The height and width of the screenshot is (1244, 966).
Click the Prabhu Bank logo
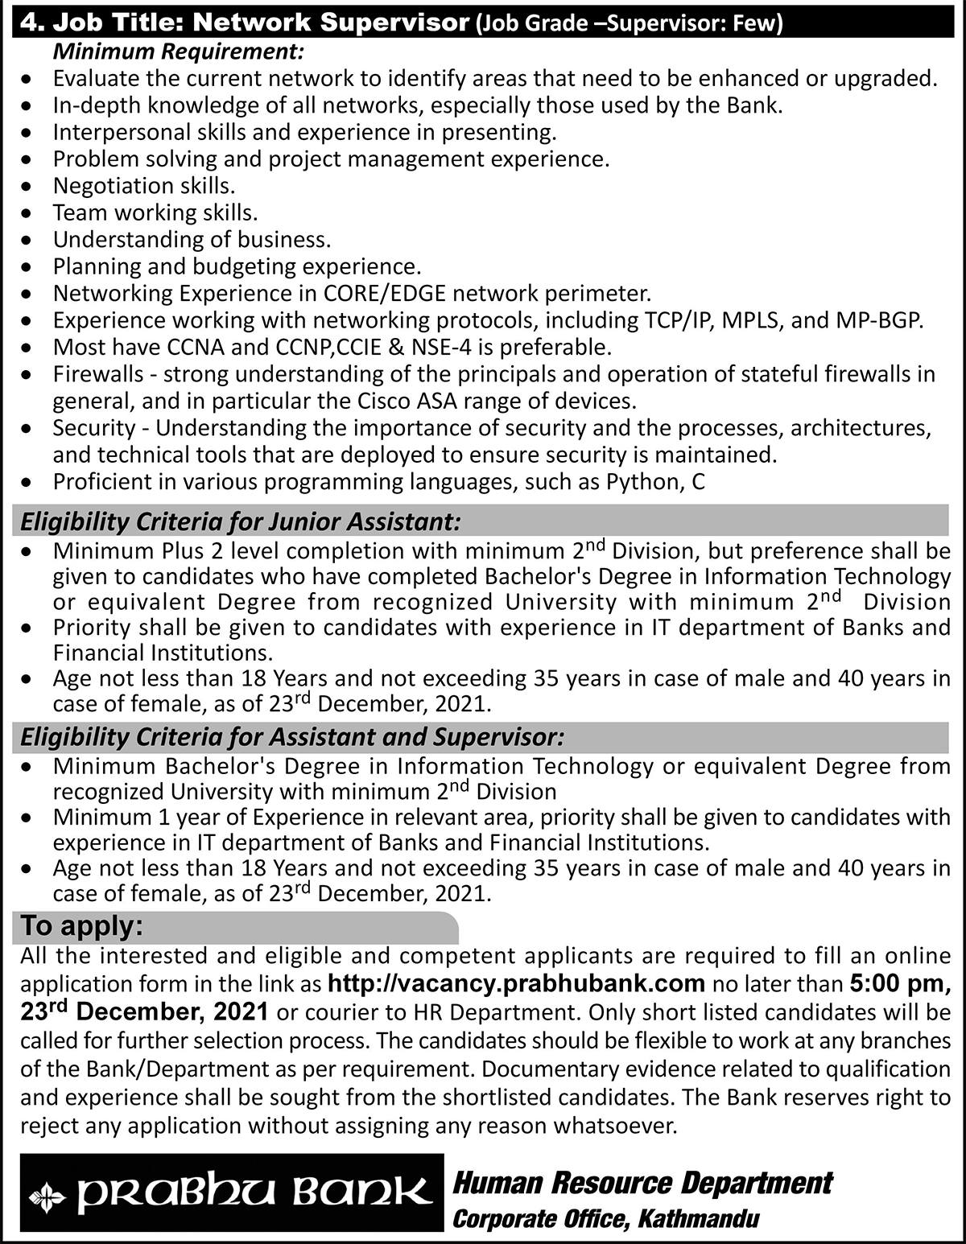coord(231,1193)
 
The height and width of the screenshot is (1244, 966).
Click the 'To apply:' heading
coord(81,927)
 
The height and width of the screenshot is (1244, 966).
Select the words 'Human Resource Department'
coord(643,1184)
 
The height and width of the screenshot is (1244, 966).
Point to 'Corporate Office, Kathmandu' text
coord(606,1220)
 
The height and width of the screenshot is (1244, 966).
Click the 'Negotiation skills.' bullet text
coord(144,186)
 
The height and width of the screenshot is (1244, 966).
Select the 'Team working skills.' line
coord(155,212)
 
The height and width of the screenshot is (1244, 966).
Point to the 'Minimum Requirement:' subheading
coord(179,52)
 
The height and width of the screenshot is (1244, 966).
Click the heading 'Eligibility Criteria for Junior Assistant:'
coord(241,522)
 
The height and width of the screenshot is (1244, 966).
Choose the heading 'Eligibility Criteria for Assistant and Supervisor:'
coord(292,737)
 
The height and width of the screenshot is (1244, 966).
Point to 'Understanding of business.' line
coord(192,240)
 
